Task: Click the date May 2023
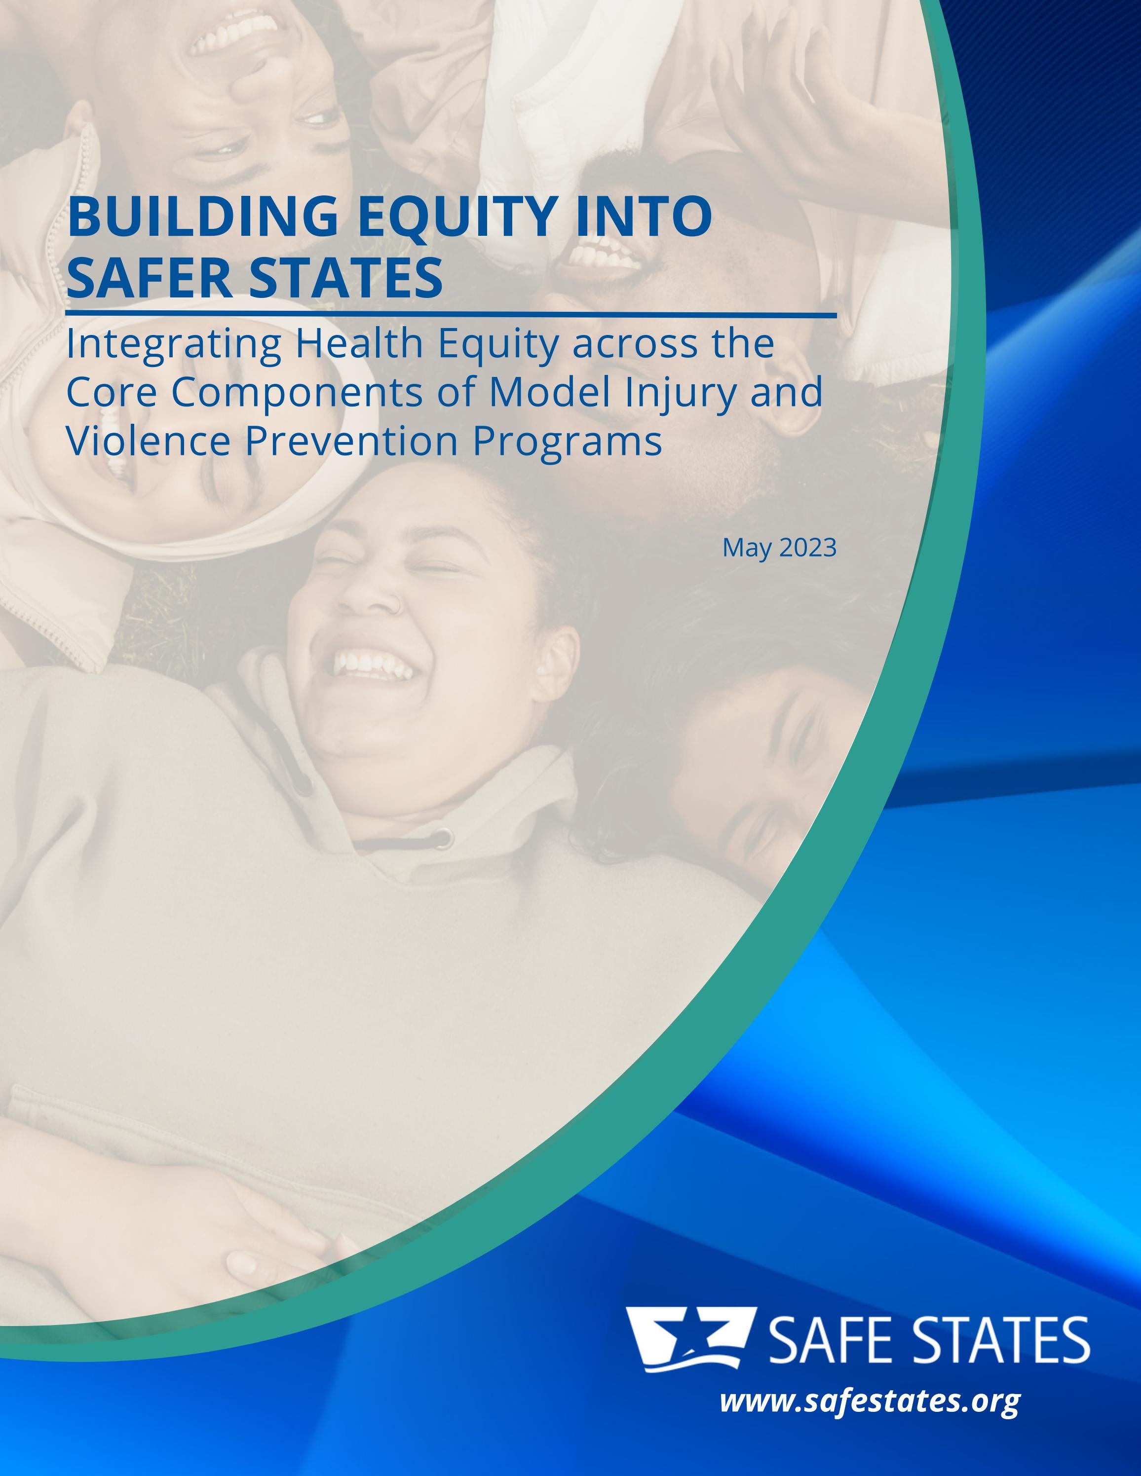coord(779,548)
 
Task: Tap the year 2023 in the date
coord(808,548)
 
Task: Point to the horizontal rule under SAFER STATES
coord(451,315)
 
